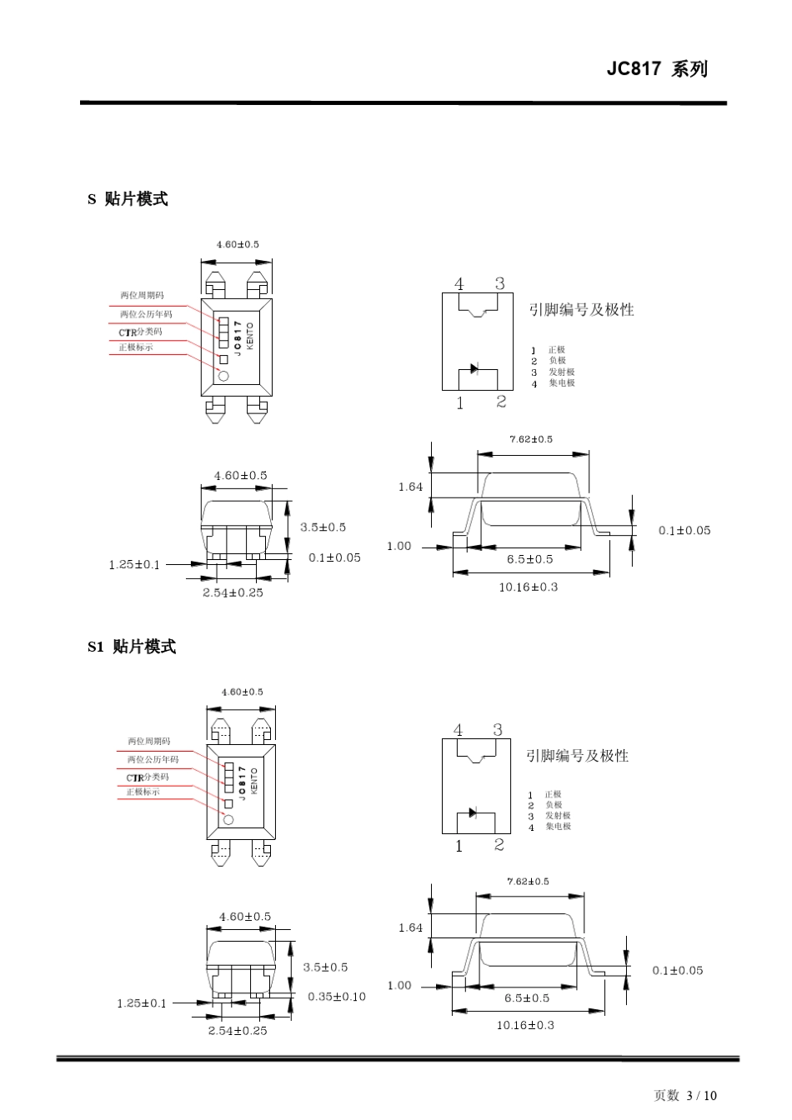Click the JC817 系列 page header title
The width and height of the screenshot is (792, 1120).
pyautogui.click(x=657, y=69)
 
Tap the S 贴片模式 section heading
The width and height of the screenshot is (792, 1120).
pyautogui.click(x=128, y=199)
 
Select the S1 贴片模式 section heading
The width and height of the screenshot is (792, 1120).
pyautogui.click(x=132, y=647)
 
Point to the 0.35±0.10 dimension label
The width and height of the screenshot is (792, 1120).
pyautogui.click(x=337, y=997)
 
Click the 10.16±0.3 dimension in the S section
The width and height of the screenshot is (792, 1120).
pyautogui.click(x=528, y=587)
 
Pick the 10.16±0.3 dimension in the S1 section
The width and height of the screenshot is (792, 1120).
pyautogui.click(x=525, y=1025)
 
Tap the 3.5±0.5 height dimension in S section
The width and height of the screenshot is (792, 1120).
pyautogui.click(x=323, y=527)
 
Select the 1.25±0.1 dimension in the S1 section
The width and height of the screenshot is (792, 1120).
pyautogui.click(x=141, y=1003)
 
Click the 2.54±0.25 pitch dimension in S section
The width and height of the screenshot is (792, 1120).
pyautogui.click(x=233, y=592)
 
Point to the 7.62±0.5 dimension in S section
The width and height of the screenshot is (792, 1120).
pyautogui.click(x=530, y=439)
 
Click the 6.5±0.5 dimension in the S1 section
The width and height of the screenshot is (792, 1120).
pyautogui.click(x=527, y=997)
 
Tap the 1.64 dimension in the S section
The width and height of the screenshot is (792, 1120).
pyautogui.click(x=410, y=487)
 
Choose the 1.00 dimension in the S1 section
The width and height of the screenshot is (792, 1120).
pyautogui.click(x=399, y=985)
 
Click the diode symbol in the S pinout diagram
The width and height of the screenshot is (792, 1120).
pyautogui.click(x=474, y=368)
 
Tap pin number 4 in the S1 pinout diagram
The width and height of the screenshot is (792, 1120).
pyautogui.click(x=458, y=730)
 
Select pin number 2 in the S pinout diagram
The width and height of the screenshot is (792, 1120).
pyautogui.click(x=500, y=402)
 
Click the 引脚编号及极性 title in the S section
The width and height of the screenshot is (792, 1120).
pyautogui.click(x=582, y=309)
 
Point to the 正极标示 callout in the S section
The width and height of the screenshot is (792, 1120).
pyautogui.click(x=135, y=347)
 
